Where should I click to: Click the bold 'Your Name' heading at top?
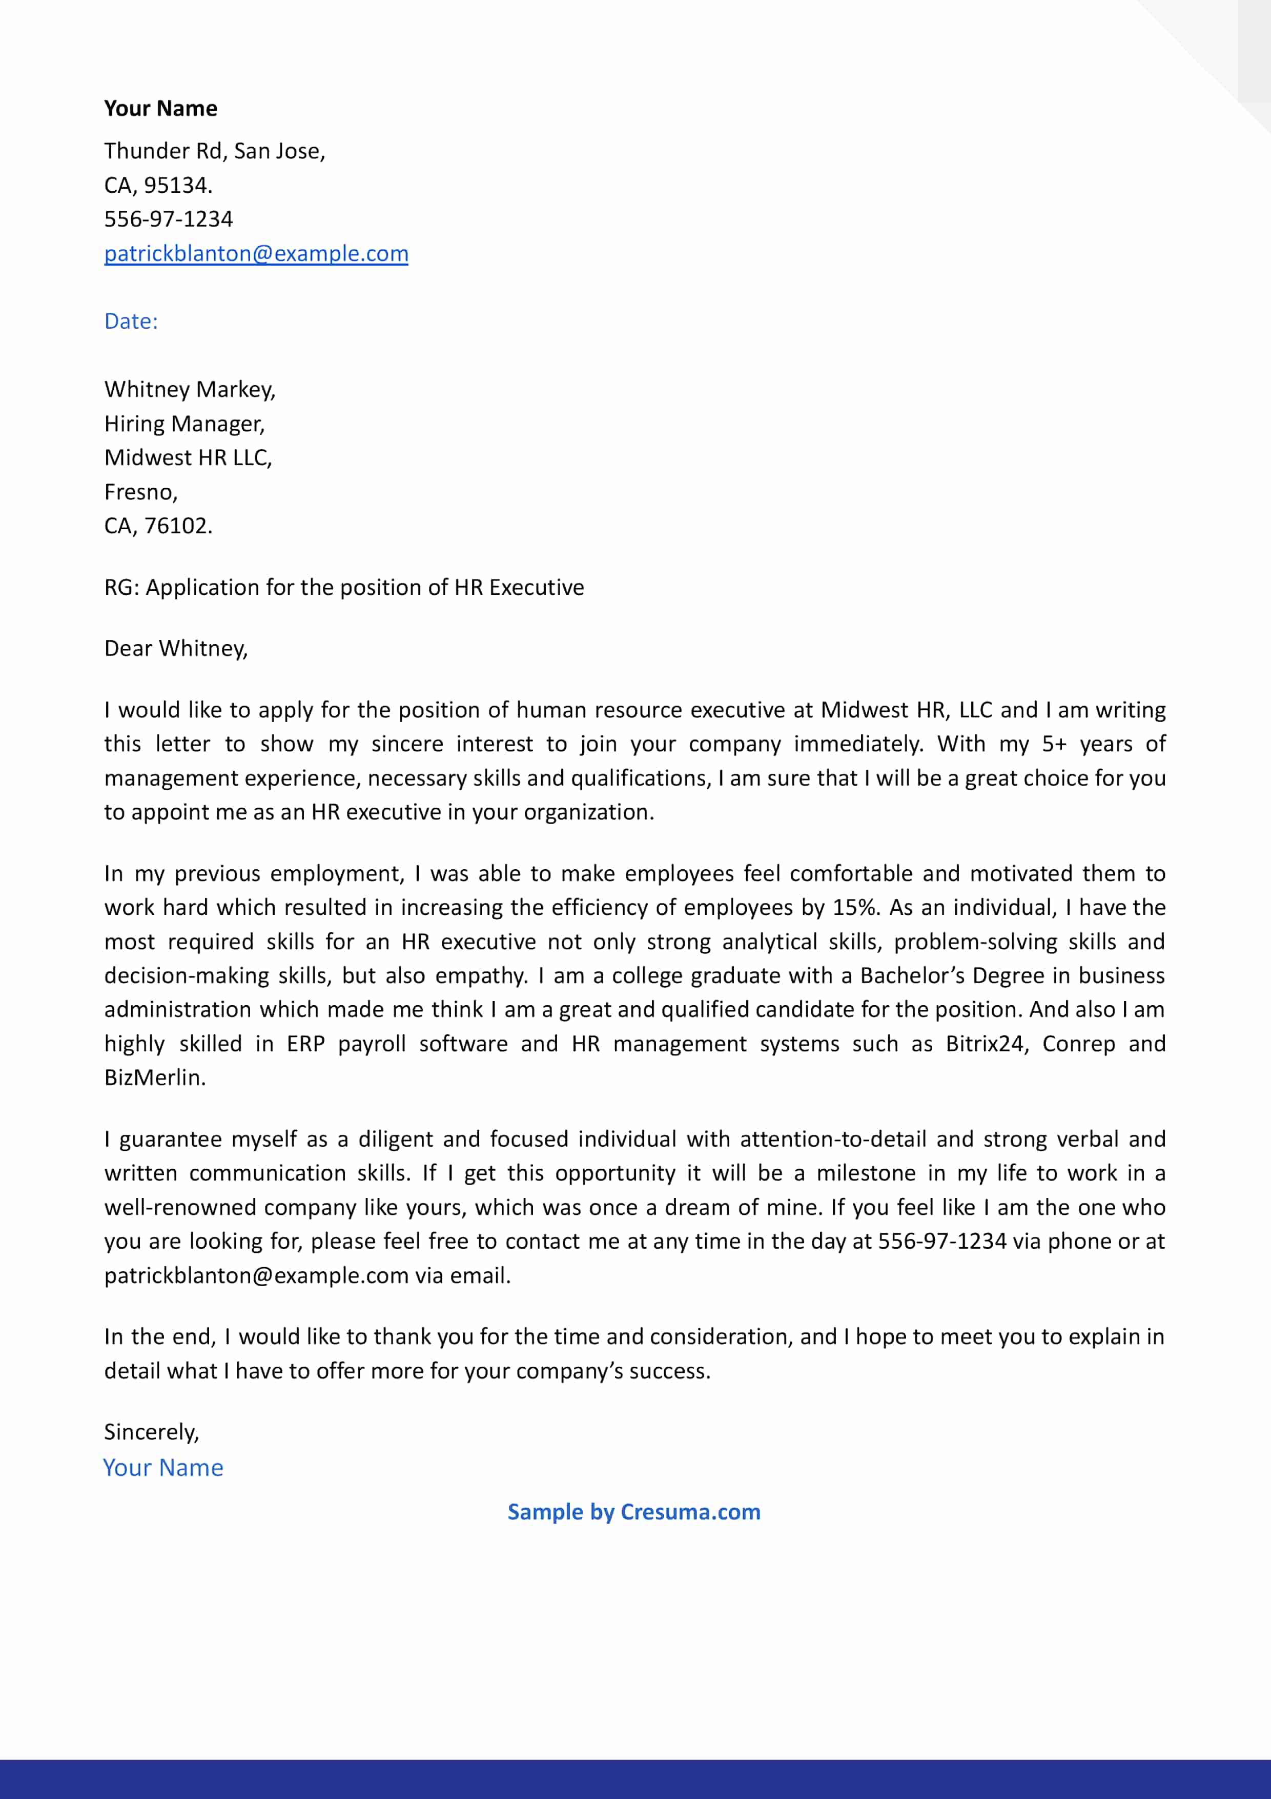coord(160,108)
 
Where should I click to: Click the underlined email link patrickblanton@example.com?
coord(256,254)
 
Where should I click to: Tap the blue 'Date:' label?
coord(131,321)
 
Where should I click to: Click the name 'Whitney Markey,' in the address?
coord(190,389)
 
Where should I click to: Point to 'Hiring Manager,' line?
coord(185,424)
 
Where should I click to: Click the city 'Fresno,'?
coord(141,492)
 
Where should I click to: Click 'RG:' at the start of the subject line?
coord(121,588)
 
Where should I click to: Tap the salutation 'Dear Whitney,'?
coord(175,649)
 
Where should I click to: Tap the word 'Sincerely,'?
coord(151,1432)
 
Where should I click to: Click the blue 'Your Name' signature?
coord(163,1468)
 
